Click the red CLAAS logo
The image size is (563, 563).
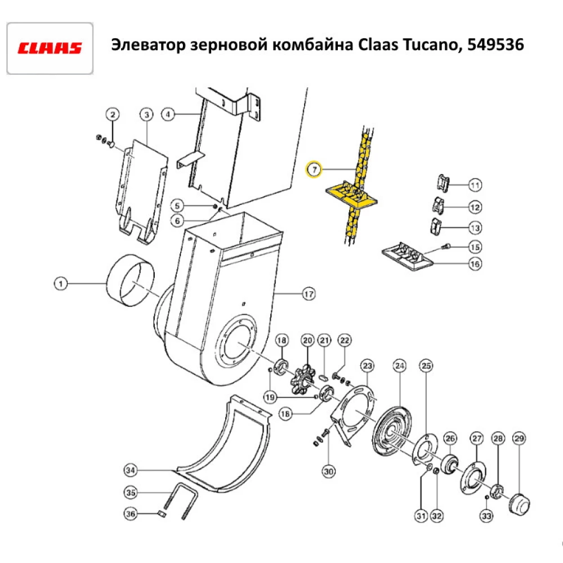[50, 48]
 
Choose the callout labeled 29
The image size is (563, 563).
[519, 438]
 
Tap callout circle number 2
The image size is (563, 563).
[113, 115]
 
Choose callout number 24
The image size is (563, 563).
[400, 367]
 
